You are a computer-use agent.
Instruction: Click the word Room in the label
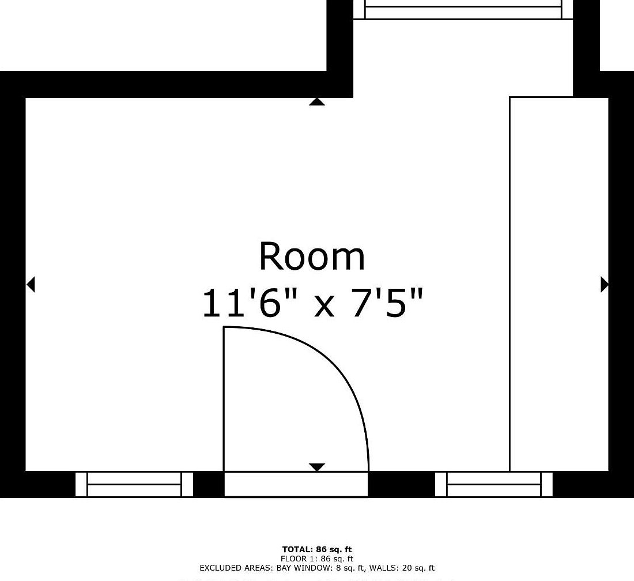(x=312, y=256)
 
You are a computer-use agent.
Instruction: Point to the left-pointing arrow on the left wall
(x=31, y=284)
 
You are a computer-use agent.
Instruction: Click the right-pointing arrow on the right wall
(x=605, y=284)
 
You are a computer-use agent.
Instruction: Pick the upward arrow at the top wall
(x=316, y=101)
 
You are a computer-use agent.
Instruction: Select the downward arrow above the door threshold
(x=316, y=467)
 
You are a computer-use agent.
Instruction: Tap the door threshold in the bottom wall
(x=296, y=484)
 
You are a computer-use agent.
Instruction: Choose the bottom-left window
(x=134, y=484)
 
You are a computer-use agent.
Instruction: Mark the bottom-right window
(x=494, y=484)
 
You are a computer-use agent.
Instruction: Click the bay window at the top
(x=463, y=9)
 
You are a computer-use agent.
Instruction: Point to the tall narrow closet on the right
(x=559, y=284)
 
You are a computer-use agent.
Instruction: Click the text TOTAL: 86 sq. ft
(x=317, y=549)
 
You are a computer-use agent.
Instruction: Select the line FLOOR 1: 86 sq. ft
(x=317, y=559)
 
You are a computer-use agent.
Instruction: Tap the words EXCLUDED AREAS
(x=236, y=568)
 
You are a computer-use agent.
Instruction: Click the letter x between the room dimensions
(x=324, y=307)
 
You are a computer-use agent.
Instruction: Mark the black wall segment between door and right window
(x=402, y=484)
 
